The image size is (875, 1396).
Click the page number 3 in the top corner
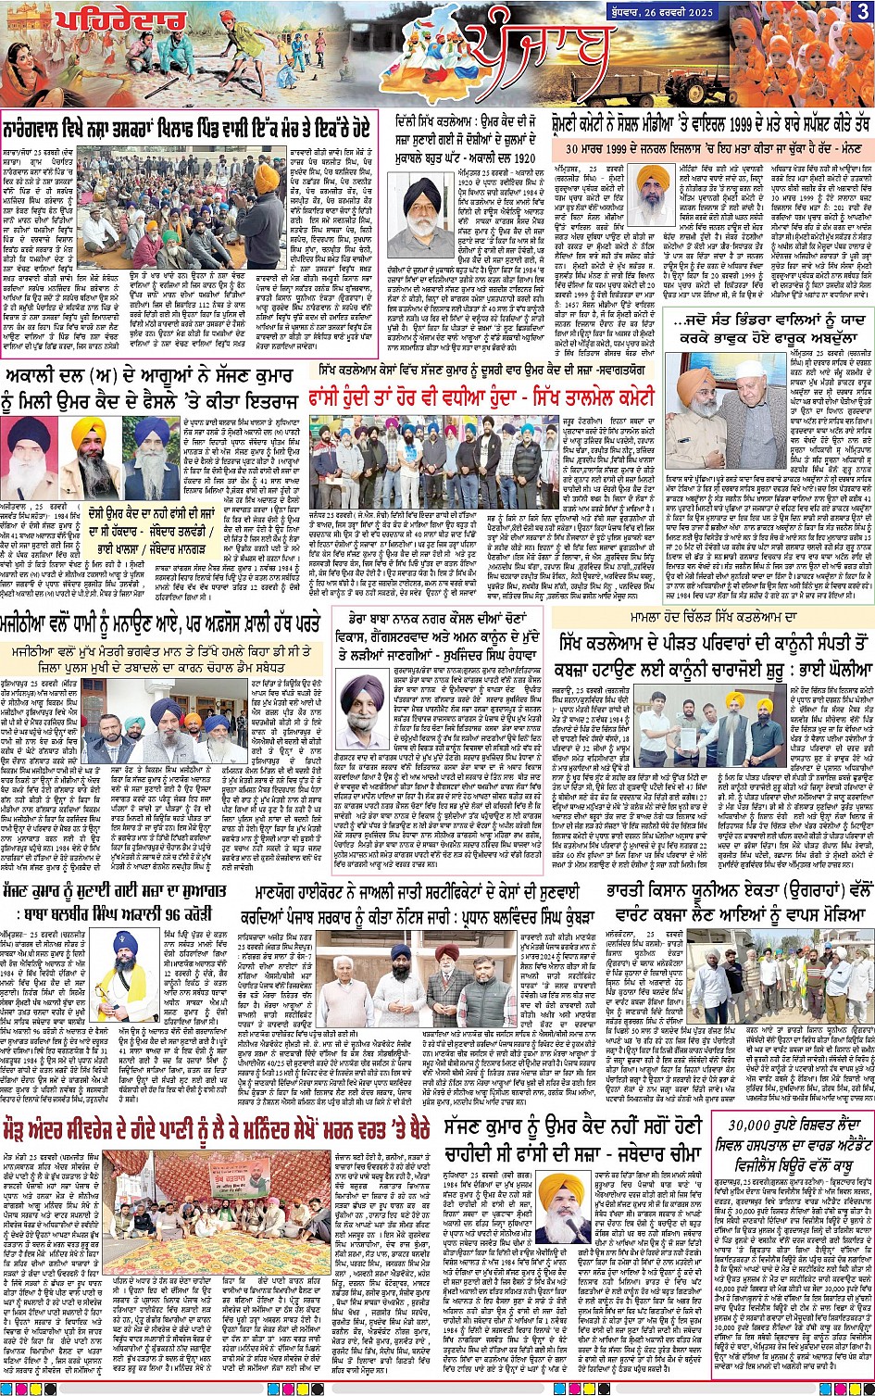pos(861,11)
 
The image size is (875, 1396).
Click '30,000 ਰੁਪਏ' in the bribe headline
pos(759,1125)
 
